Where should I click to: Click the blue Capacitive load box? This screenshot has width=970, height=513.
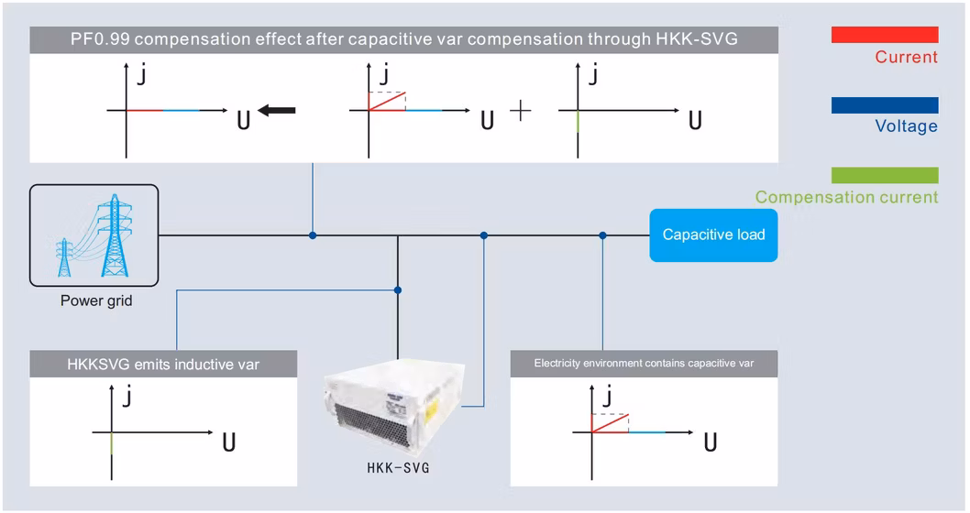[x=713, y=235]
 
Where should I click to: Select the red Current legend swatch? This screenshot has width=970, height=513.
[x=884, y=35]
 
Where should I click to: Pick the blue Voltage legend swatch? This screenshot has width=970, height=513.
[x=884, y=105]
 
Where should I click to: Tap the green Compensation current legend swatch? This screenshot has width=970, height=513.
[x=884, y=175]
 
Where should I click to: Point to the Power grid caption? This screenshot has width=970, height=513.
[x=96, y=300]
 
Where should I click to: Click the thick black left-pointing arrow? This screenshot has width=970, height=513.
[x=277, y=110]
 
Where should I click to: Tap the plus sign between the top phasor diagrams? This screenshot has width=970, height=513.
[x=520, y=111]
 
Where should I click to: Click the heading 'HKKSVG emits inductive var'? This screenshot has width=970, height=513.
[x=163, y=365]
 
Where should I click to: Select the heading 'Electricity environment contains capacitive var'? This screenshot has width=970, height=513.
[x=644, y=364]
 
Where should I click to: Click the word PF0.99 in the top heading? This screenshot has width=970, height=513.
[x=98, y=40]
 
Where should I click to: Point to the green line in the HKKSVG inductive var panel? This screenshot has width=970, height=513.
[x=111, y=442]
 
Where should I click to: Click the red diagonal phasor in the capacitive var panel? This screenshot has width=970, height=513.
[x=610, y=422]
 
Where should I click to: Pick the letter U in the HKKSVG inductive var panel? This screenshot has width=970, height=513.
[x=229, y=443]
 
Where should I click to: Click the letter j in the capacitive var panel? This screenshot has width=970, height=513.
[x=605, y=397]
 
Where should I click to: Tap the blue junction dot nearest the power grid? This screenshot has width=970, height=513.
[x=314, y=235]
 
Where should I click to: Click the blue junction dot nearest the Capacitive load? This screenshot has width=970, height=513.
[x=602, y=235]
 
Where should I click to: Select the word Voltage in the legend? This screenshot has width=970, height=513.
[x=906, y=126]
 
